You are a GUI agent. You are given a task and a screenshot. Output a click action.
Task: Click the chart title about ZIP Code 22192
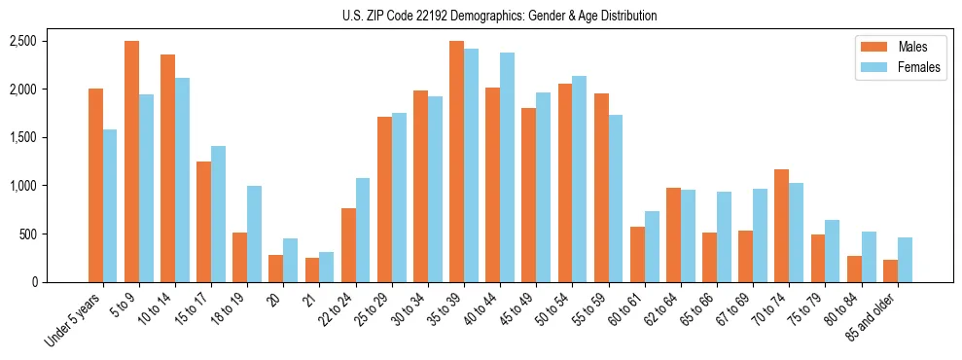pos(499,16)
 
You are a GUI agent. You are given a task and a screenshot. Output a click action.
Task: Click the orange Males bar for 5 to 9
pos(131,162)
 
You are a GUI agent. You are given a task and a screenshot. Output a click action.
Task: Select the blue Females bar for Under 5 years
pos(110,205)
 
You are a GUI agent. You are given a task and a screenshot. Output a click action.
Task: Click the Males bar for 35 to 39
pos(456,162)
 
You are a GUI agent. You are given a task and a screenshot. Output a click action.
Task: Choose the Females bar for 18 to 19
pos(254,234)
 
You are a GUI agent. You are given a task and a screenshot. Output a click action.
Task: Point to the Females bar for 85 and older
pos(905,260)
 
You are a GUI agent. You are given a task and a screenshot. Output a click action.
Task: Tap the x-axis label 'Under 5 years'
pos(73,320)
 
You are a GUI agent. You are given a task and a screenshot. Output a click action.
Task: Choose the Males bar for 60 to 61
pos(637,254)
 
